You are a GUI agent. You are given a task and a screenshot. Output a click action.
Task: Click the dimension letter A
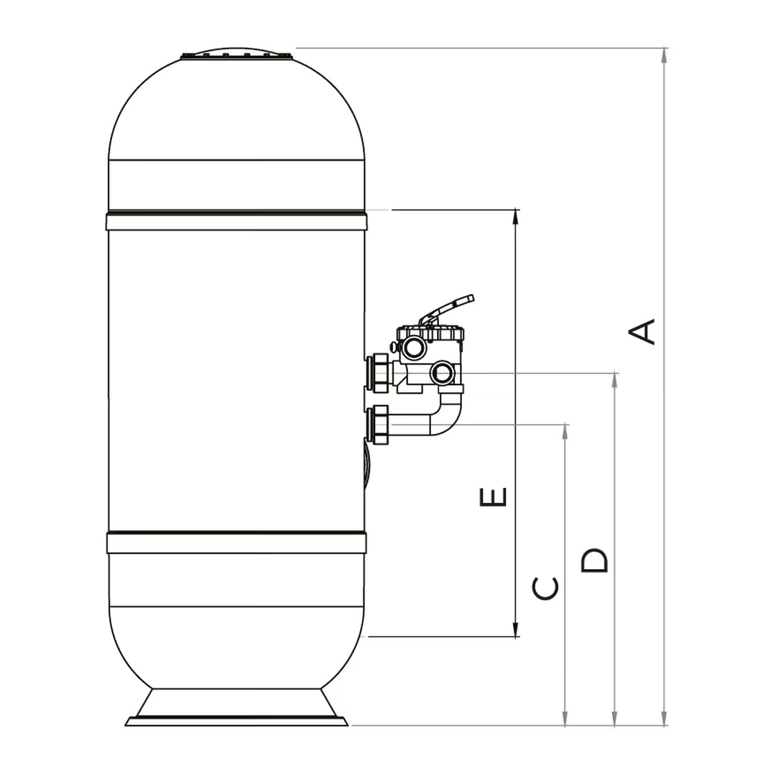point(642,332)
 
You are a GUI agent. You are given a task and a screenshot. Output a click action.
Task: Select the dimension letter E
point(493,496)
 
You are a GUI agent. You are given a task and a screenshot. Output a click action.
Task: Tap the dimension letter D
point(594,560)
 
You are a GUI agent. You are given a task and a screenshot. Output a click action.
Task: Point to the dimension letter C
point(545,588)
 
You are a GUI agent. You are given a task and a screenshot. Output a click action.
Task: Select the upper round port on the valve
point(414,349)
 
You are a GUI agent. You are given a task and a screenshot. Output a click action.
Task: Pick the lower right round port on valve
point(442,372)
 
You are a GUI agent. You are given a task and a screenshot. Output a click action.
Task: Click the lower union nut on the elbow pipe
point(378,424)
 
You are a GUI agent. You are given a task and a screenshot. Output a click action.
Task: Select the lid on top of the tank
point(237,54)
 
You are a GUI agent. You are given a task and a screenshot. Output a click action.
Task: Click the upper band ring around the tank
point(236,221)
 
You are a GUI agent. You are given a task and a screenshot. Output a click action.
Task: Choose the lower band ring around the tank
point(236,542)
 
